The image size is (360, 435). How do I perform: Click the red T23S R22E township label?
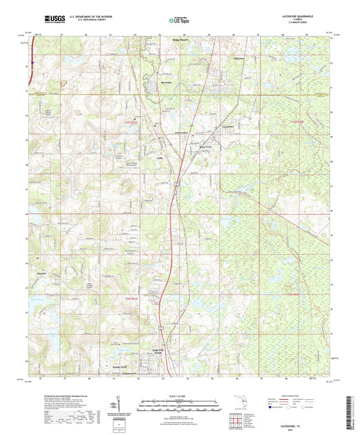[x=305, y=121]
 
